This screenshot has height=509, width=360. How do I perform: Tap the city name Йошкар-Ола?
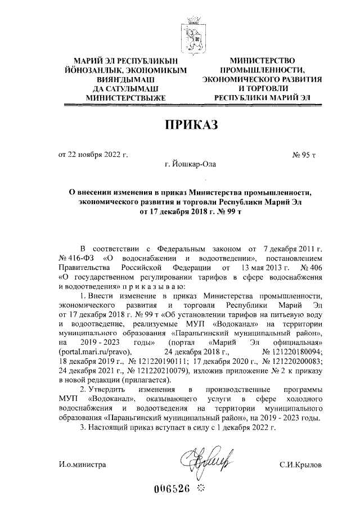[x=190, y=164]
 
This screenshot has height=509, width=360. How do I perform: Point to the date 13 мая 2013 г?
[x=261, y=267]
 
